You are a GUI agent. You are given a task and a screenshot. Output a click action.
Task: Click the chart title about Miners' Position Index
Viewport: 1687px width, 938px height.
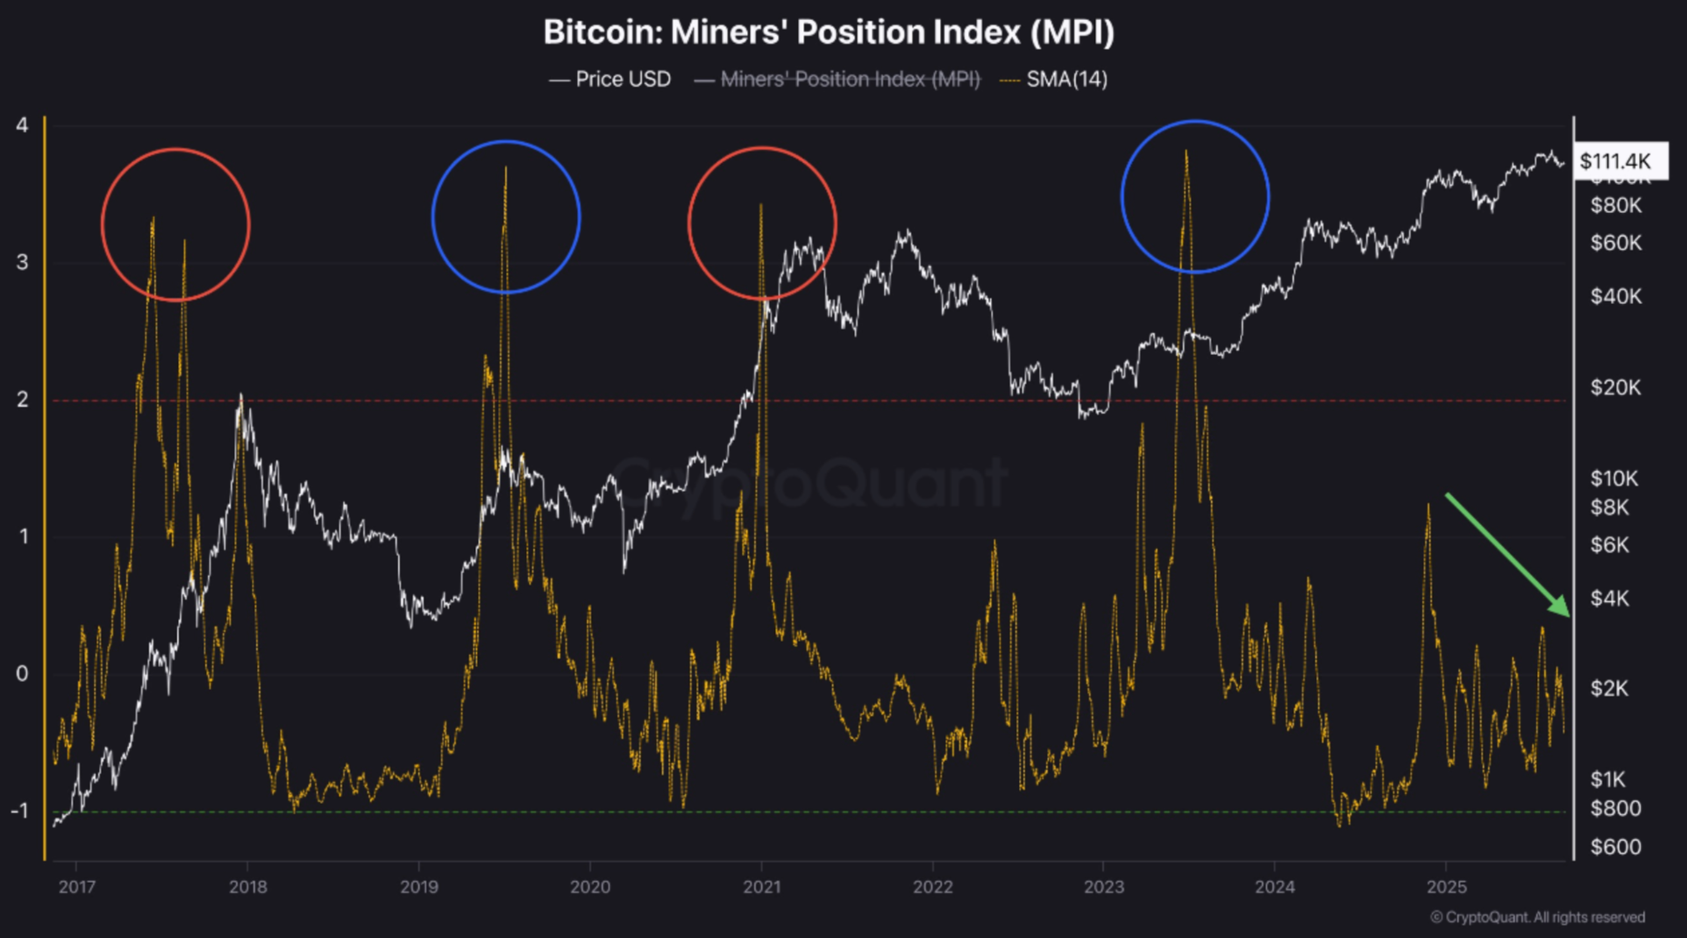point(829,32)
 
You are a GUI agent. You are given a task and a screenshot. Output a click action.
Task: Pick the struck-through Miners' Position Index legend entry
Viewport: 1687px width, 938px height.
point(850,80)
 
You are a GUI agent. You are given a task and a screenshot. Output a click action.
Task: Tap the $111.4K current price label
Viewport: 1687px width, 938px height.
point(1615,161)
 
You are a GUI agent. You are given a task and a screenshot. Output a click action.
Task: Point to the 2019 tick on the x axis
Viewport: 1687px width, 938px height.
point(419,887)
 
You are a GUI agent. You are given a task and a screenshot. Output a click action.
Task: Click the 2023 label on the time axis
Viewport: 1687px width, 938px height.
point(1103,887)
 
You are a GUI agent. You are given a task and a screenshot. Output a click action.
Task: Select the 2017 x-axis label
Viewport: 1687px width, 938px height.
point(77,887)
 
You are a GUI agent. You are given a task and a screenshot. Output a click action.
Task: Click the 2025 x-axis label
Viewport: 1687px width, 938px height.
point(1446,887)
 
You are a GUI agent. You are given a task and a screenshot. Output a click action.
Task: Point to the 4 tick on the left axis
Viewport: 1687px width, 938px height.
point(22,125)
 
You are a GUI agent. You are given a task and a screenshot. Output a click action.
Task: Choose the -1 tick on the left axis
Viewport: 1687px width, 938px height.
point(19,811)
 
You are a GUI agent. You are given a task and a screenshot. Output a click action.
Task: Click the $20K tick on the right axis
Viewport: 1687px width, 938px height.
point(1615,387)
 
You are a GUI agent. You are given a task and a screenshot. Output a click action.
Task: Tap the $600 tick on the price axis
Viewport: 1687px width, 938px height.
point(1615,847)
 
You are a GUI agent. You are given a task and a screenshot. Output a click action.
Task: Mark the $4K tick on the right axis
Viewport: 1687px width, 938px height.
point(1610,599)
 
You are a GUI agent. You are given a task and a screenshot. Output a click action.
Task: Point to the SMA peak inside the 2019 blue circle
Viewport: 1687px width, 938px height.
point(506,168)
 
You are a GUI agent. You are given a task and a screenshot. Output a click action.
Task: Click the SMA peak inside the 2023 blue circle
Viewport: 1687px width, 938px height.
point(1186,152)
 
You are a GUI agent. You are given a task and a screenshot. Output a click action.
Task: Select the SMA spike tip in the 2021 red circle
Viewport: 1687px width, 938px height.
point(760,206)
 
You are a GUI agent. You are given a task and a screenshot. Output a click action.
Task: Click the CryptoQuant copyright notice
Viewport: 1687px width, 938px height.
point(1537,917)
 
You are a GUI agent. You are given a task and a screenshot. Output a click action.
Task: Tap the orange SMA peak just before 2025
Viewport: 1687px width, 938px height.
point(1428,506)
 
